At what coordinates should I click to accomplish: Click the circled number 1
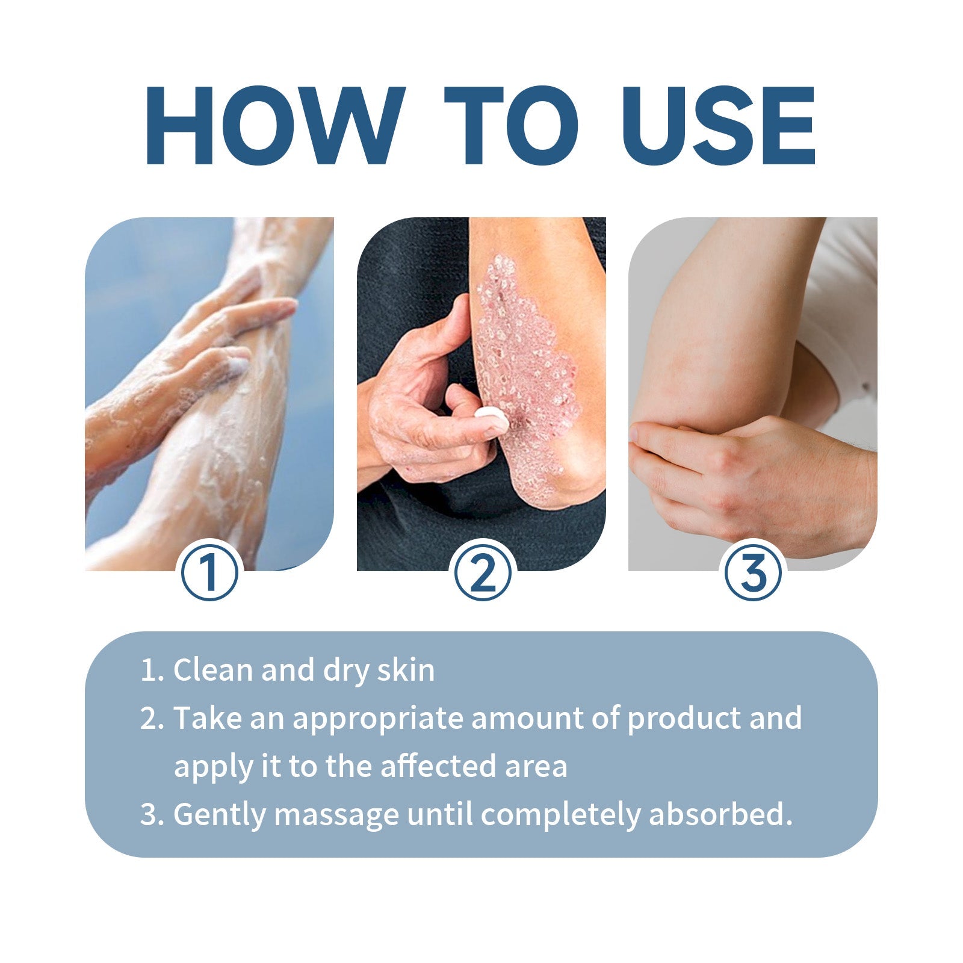(209, 572)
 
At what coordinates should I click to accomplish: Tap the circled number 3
(754, 572)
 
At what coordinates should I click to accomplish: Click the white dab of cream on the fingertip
(491, 415)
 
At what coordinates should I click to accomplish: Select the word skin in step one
(406, 670)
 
